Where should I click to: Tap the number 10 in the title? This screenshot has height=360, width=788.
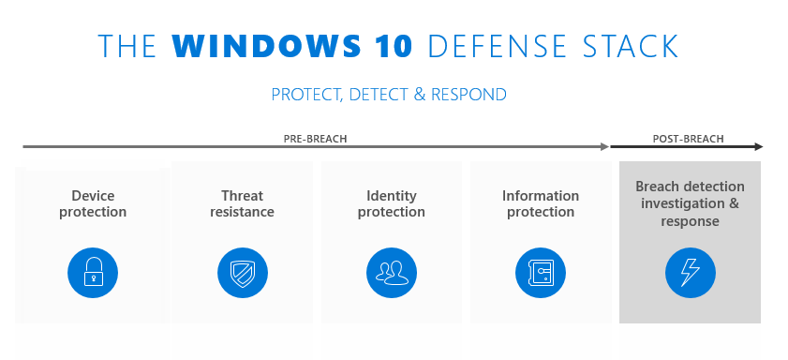coord(396,47)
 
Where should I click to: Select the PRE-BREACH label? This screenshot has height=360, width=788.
coord(315,139)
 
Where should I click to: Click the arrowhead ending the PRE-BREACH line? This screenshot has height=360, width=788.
coord(603,147)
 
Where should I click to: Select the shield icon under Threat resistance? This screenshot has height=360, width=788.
coord(242,273)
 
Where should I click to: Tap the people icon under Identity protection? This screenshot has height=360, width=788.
coord(391,273)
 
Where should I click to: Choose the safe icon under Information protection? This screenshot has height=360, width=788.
coord(541,273)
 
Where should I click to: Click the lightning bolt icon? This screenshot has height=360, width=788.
coord(690,273)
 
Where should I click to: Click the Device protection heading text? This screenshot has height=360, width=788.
coord(93,203)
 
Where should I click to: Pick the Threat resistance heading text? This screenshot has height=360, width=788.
coord(242,203)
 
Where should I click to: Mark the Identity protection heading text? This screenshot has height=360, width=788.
coord(391,203)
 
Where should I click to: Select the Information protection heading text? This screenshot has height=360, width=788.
coord(541,203)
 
